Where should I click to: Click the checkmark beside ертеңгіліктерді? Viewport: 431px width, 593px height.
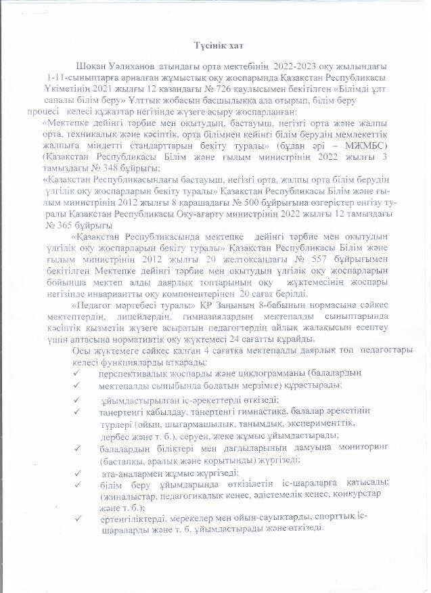click(79, 517)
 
